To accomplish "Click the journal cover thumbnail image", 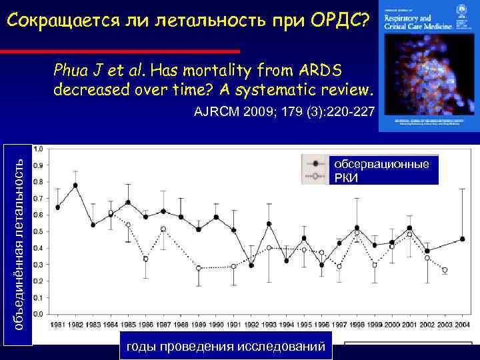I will [x=429, y=65].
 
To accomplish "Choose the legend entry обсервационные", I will [x=381, y=164].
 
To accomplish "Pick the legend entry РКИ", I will [x=346, y=177].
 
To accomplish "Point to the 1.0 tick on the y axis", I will [x=39, y=148].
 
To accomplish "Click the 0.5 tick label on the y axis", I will [x=39, y=231].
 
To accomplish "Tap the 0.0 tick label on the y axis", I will [x=39, y=313].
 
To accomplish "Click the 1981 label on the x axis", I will [x=58, y=325].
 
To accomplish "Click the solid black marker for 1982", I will [x=75, y=185].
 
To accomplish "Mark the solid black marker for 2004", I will [x=463, y=239].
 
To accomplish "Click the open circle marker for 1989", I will [x=199, y=268].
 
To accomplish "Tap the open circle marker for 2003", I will [x=445, y=270].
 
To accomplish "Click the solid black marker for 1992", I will [x=251, y=265].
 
